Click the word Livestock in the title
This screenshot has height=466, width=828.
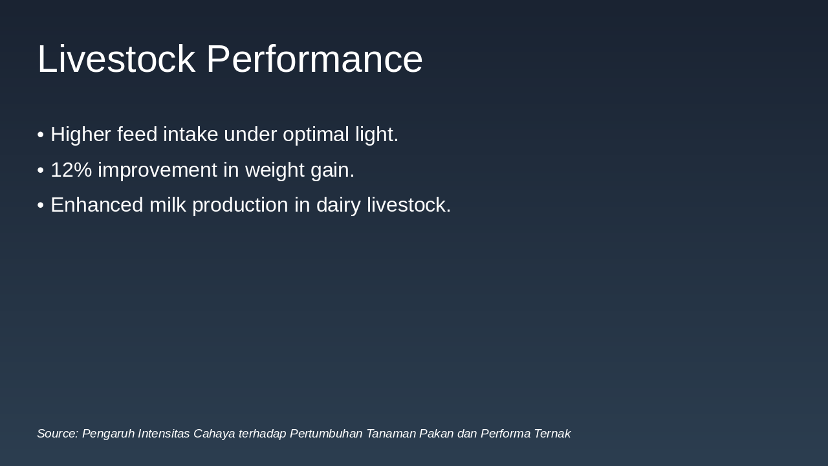[x=116, y=59]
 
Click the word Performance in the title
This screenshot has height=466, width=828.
[x=314, y=59]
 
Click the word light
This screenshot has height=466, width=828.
[x=376, y=135]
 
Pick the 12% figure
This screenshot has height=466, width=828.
[x=71, y=170]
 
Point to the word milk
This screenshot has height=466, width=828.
[x=168, y=205]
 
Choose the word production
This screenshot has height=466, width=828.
[x=240, y=205]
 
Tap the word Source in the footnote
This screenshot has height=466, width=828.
[x=57, y=434]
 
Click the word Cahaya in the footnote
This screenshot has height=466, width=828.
[x=214, y=434]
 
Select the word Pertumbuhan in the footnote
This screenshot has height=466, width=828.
[x=326, y=434]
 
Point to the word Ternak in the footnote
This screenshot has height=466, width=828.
[x=552, y=434]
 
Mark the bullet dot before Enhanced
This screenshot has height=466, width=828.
[x=41, y=206]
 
